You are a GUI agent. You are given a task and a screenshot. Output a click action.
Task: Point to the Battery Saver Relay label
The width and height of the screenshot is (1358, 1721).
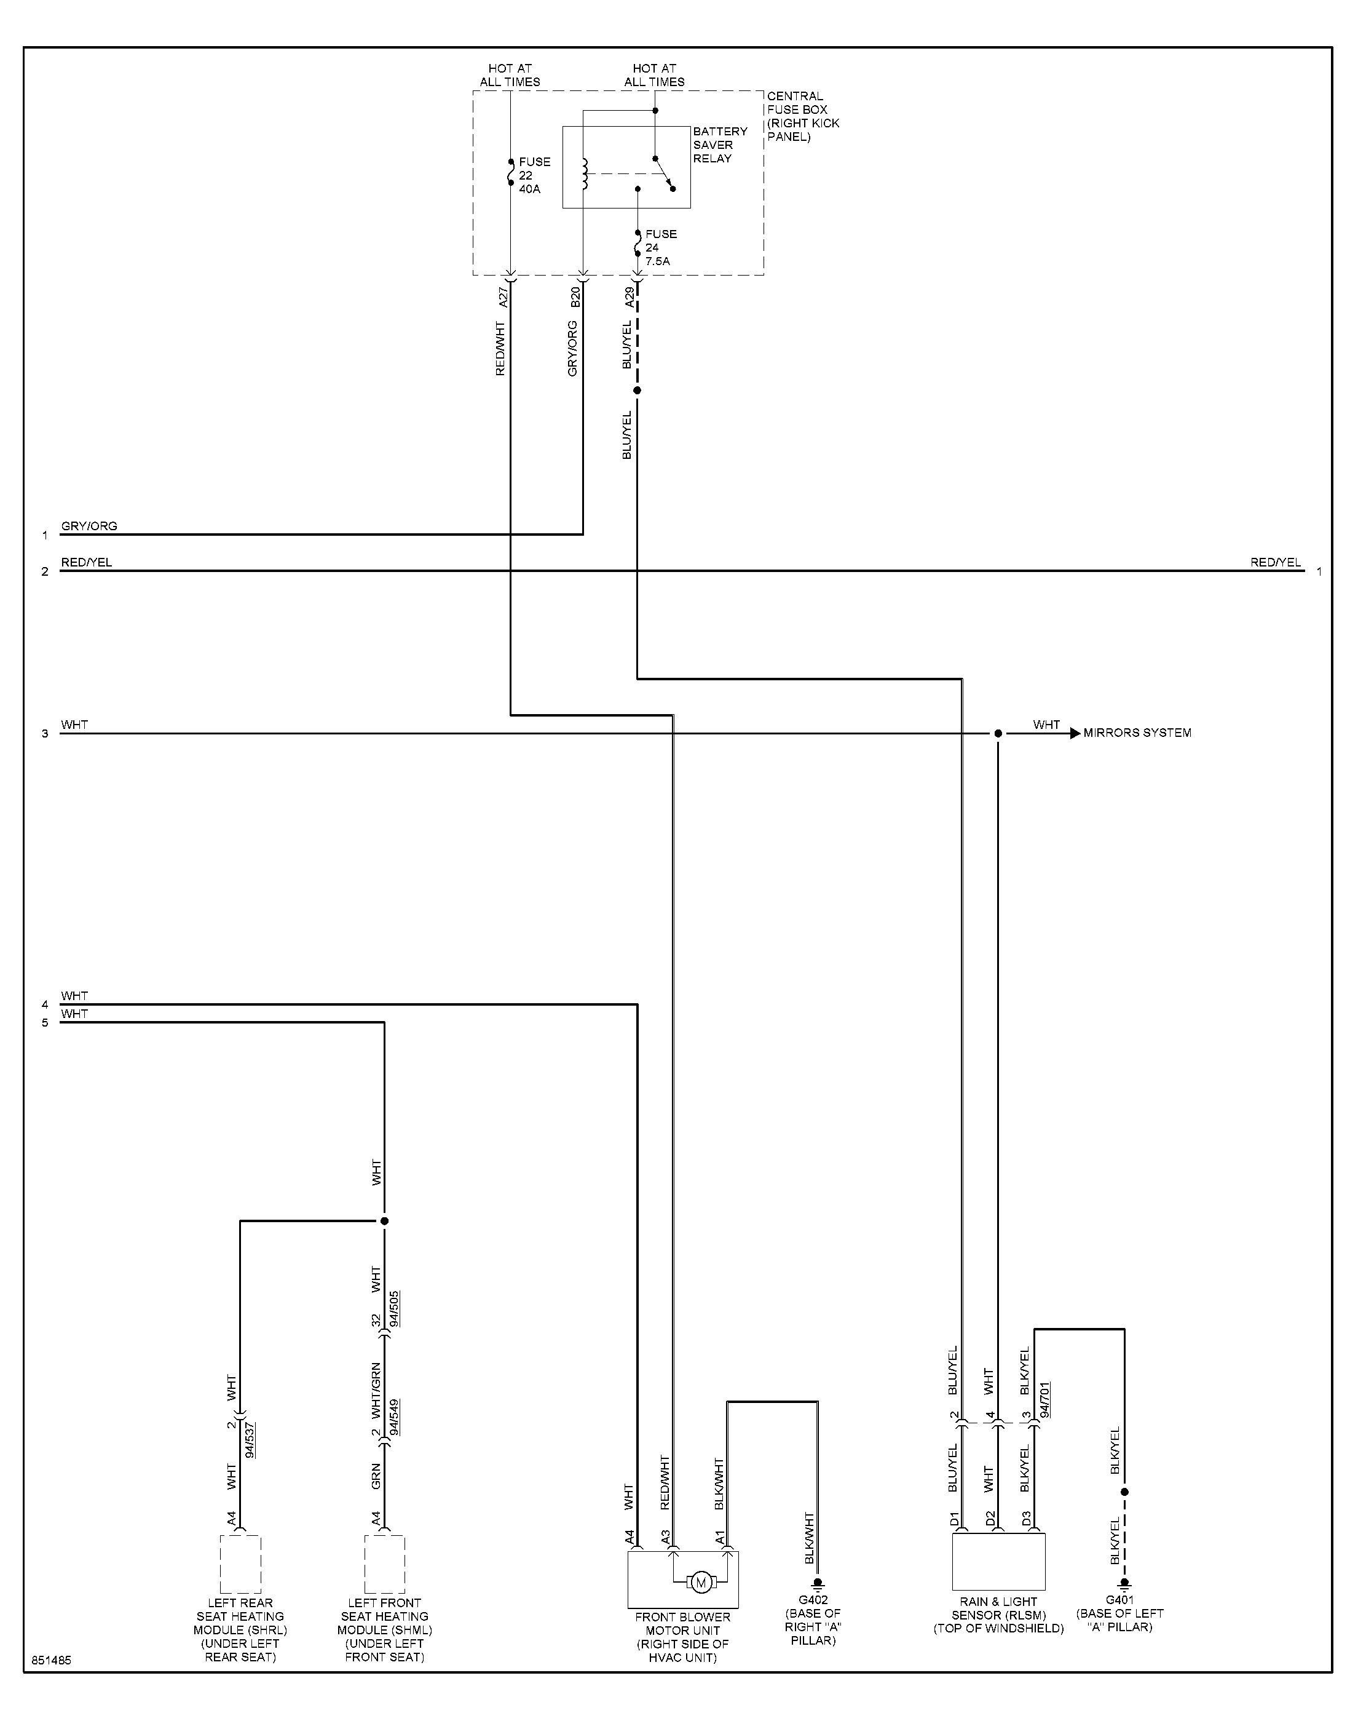[x=719, y=145]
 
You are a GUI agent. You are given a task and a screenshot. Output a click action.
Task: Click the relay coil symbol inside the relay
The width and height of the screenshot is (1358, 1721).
[x=585, y=174]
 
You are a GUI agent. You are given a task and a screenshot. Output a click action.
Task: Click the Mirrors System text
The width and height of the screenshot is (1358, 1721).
[x=1137, y=733]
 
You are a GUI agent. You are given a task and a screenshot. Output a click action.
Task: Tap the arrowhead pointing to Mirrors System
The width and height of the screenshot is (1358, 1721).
[x=1075, y=733]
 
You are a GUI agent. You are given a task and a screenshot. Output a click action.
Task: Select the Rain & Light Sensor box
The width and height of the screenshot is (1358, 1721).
[x=998, y=1561]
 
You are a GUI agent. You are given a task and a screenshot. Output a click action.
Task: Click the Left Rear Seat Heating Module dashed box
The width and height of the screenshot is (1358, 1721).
[x=240, y=1564]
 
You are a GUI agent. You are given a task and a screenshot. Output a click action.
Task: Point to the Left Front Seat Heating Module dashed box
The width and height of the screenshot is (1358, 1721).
[x=385, y=1564]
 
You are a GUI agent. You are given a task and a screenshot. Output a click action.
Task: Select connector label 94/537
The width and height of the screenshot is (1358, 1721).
[x=250, y=1439]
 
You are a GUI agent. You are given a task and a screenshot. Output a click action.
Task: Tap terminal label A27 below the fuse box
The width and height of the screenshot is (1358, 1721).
[x=502, y=296]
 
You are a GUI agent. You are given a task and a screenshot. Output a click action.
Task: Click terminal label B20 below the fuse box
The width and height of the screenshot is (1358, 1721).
[x=575, y=296]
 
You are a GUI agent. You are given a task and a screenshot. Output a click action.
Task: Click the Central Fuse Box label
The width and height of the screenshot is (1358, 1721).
[x=803, y=116]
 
